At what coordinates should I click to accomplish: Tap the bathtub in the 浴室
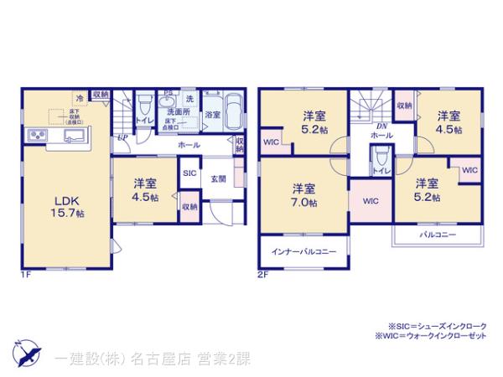pos(232,106)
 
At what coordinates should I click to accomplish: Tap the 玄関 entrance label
pos(217,178)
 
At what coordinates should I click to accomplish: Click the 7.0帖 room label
pos(303,194)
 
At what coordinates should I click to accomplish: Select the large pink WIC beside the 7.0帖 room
pos(369,201)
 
